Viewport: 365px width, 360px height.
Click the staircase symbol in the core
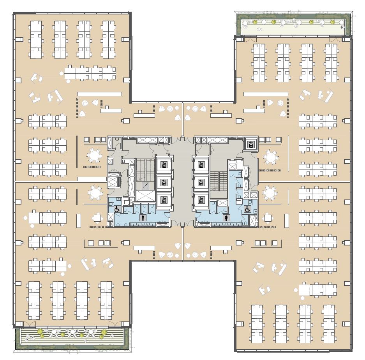click(x=145, y=186)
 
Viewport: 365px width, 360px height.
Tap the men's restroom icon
click(x=143, y=217)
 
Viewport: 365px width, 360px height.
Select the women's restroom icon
click(x=226, y=217)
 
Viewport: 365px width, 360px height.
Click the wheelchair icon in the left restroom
click(x=116, y=209)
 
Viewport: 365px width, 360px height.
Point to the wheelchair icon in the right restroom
click(x=247, y=209)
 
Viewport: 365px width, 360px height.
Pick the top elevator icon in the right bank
click(x=201, y=164)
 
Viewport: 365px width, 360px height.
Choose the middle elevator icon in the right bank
click(x=201, y=182)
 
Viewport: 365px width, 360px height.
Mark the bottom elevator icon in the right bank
click(x=201, y=200)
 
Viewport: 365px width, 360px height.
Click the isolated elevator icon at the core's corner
click(x=250, y=144)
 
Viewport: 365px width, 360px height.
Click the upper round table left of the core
click(x=94, y=156)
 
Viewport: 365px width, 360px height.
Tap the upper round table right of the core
click(x=270, y=157)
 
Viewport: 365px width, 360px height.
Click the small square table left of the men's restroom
click(x=97, y=218)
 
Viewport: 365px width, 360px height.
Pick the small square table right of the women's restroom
click(x=268, y=218)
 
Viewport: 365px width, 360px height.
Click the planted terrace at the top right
click(x=293, y=24)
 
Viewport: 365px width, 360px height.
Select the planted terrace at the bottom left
click(x=72, y=337)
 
